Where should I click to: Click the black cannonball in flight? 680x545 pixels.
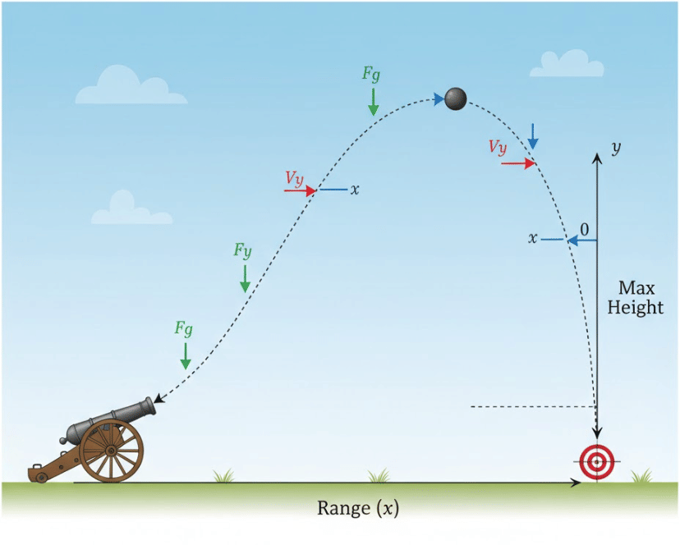point(456,98)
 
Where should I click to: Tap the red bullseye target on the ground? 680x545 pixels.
point(595,461)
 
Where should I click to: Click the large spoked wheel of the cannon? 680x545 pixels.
point(111,451)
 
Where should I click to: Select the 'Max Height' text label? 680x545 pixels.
point(641,298)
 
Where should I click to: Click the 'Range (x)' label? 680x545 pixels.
point(358,509)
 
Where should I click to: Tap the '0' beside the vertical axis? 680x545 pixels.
point(584,227)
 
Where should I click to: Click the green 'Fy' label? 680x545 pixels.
point(242,250)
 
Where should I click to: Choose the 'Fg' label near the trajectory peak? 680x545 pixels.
point(371,72)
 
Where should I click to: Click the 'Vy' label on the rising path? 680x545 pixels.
point(296,176)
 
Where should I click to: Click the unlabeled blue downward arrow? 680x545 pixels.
point(533,135)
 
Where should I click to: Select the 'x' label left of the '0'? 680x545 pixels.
point(533,238)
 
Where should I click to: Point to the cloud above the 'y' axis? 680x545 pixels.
point(567,63)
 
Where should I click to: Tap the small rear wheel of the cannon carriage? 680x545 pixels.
point(41,477)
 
